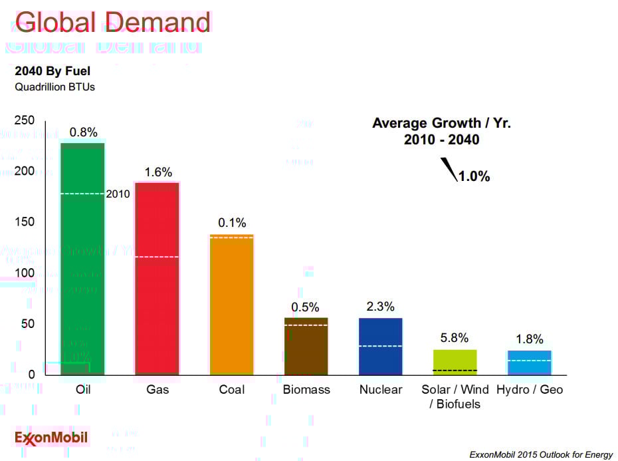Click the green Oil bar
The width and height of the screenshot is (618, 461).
[82, 259]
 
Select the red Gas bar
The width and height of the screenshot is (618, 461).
[157, 279]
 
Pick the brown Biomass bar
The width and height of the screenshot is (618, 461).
[306, 346]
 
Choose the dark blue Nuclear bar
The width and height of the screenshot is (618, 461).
[380, 346]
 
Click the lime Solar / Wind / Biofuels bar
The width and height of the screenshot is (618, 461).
[455, 362]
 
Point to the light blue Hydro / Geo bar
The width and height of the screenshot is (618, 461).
[529, 363]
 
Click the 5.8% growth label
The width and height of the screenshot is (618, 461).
[455, 338]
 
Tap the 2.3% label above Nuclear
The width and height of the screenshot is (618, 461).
[380, 307]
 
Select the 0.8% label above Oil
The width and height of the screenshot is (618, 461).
[83, 132]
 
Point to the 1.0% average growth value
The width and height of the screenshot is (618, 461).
[474, 176]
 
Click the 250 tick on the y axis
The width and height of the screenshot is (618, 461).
[25, 120]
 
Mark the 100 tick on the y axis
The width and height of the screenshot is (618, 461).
[25, 273]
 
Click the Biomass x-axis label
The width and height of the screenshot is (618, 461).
[306, 390]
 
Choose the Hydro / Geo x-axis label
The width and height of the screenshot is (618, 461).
[529, 390]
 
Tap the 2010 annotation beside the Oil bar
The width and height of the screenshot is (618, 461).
[118, 194]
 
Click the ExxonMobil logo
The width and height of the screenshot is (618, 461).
[51, 438]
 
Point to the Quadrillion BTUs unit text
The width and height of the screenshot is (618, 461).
[54, 86]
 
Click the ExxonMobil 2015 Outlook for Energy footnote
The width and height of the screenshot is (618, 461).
[541, 455]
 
